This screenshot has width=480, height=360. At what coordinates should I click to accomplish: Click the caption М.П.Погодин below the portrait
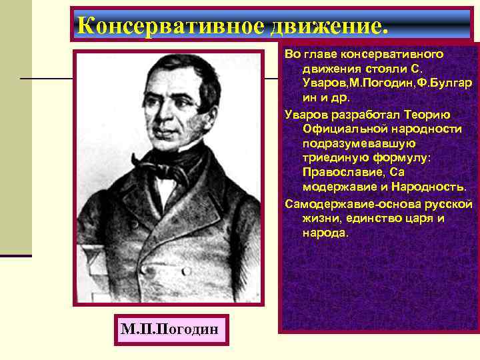[171, 330]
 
